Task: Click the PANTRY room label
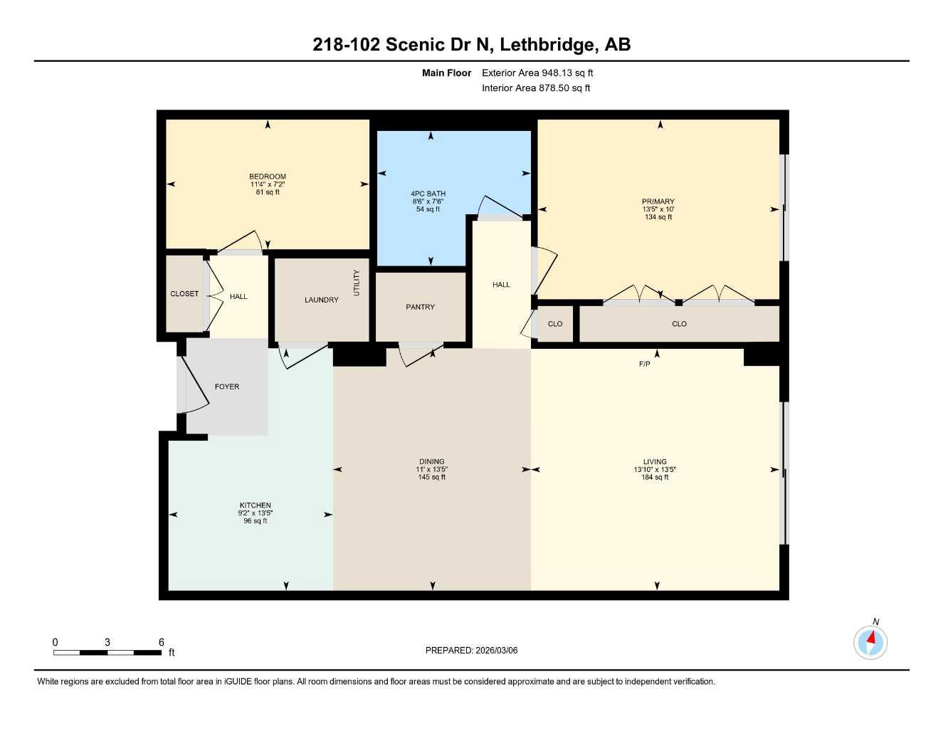[420, 307]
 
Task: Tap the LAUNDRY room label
[321, 300]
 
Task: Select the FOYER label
[227, 387]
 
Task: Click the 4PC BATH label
[428, 194]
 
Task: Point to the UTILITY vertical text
[357, 283]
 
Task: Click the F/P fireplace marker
[644, 364]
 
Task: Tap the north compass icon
[870, 642]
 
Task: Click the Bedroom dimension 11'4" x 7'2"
[268, 184]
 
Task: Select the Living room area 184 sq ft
[655, 478]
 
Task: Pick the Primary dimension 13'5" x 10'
[658, 209]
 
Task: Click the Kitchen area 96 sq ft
[255, 521]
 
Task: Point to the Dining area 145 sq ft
[431, 478]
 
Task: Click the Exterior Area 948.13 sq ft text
[537, 73]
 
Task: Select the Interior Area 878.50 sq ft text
[536, 88]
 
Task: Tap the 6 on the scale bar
[162, 642]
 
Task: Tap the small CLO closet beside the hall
[555, 324]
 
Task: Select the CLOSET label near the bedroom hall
[184, 294]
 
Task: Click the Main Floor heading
[446, 73]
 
